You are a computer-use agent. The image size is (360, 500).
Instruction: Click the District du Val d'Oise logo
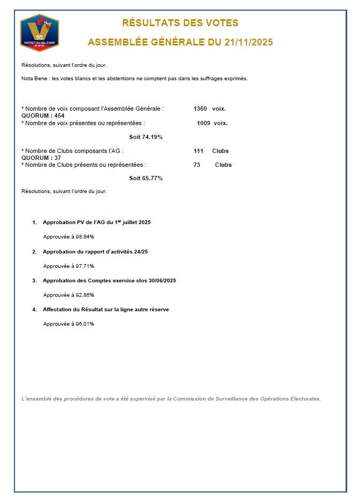pyautogui.click(x=39, y=33)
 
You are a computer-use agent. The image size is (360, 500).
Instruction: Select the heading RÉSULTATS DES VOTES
pyautogui.click(x=180, y=23)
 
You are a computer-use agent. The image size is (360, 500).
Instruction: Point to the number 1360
pyautogui.click(x=200, y=109)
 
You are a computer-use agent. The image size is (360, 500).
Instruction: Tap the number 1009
pyautogui.click(x=203, y=123)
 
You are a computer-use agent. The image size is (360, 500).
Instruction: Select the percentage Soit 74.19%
pyautogui.click(x=146, y=137)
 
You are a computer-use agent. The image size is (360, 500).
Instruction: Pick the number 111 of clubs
pyautogui.click(x=198, y=151)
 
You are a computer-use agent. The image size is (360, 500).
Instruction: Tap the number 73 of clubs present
pyautogui.click(x=197, y=165)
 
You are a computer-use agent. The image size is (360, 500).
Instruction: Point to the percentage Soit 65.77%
pyautogui.click(x=146, y=178)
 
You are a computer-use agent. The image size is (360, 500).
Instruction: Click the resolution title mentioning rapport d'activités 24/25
pyautogui.click(x=95, y=251)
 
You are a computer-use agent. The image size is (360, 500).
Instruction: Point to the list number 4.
pyautogui.click(x=34, y=309)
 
